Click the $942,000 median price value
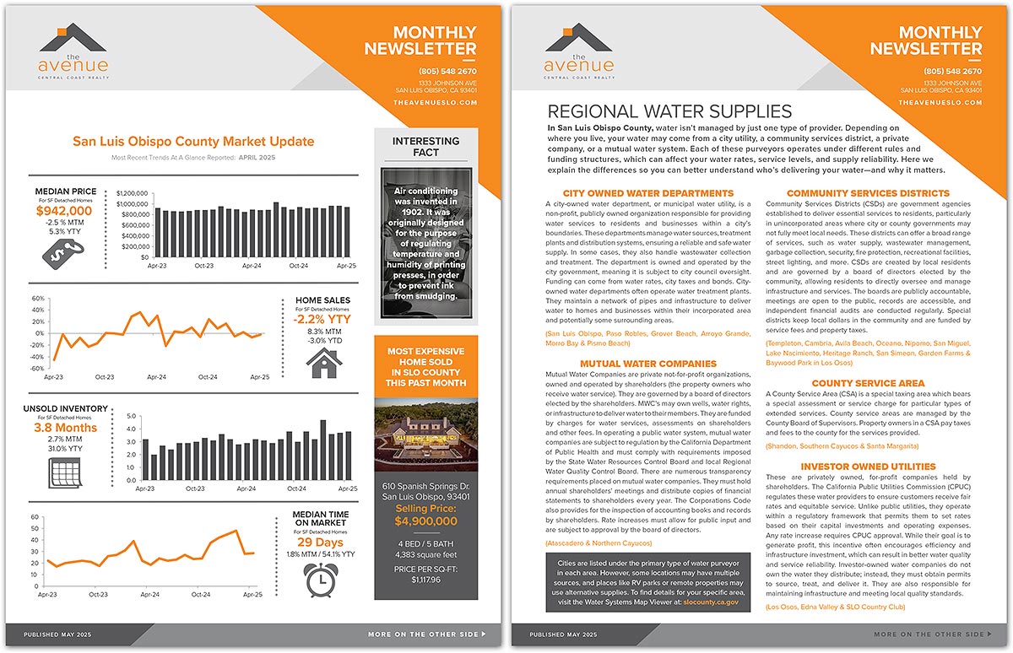click(64, 211)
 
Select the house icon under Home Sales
click(322, 364)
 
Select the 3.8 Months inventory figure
click(65, 428)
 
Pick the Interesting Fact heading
click(426, 146)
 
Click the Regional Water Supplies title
click(670, 112)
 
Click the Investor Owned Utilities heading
click(856, 466)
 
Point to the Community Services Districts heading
click(868, 193)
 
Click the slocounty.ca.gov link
click(710, 602)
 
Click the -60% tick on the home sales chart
click(37, 369)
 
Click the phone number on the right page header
click(952, 71)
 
